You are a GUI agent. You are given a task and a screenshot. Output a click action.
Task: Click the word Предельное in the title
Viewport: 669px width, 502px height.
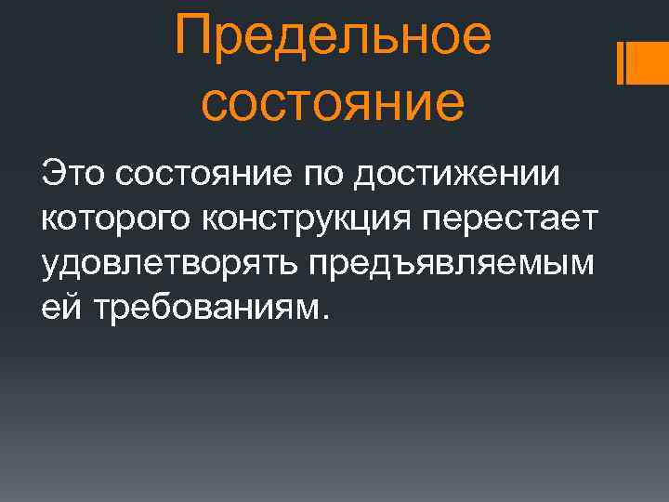[x=333, y=37]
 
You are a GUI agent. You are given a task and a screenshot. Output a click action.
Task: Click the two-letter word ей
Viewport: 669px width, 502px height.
[x=56, y=309]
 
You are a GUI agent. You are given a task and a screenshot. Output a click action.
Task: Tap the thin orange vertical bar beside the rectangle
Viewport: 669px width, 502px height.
[x=619, y=62]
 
